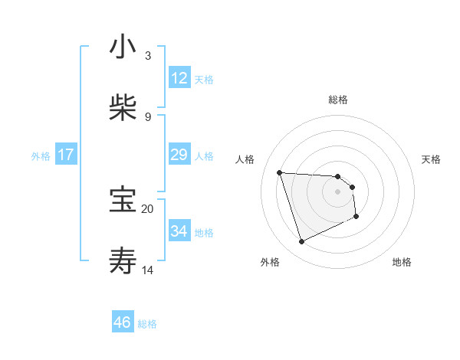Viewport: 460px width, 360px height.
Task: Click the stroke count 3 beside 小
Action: pos(148,56)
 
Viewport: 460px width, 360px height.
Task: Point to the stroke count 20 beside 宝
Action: pos(147,208)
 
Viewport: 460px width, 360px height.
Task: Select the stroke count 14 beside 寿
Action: pos(147,270)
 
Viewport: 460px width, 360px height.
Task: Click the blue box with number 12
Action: pos(179,78)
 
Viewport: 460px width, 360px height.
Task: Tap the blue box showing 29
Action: pos(179,155)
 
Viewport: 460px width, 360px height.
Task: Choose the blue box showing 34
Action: pos(179,231)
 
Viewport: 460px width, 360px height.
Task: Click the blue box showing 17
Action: pos(66,155)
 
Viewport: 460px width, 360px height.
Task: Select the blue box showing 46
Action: pos(123,322)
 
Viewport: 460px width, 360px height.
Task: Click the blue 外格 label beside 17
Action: pos(41,155)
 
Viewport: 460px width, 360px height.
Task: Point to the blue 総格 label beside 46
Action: pos(147,324)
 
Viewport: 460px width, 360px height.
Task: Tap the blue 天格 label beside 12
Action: pos(204,79)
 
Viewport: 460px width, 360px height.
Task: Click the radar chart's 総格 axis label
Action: pos(338,100)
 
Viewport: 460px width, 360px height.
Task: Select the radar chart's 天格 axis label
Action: pos(432,159)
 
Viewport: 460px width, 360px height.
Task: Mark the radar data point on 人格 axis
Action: pos(280,172)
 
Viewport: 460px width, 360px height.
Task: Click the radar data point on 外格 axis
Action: pos(301,242)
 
